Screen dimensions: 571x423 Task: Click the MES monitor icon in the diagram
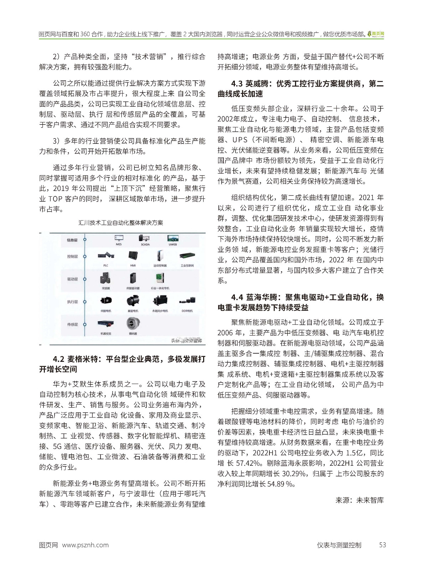coord(119,238)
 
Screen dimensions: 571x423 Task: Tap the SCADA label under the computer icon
coord(145,245)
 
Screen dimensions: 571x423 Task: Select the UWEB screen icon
coord(172,238)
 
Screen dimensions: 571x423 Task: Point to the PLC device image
coord(106,256)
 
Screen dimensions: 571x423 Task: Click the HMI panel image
coord(133,256)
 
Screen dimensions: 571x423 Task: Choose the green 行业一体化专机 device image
coord(160,278)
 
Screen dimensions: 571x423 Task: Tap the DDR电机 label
coord(187,311)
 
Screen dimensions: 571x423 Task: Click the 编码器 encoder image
coord(133,323)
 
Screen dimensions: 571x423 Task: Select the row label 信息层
coord(72,240)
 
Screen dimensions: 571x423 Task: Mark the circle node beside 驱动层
coord(85,279)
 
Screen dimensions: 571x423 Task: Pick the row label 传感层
coord(72,324)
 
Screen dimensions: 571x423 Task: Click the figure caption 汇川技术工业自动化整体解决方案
coord(121,223)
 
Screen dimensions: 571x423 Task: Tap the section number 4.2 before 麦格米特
coord(58,359)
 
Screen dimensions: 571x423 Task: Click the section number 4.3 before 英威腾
coord(237,84)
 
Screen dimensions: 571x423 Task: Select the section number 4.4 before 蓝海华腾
coord(237,297)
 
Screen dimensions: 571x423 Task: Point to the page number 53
coord(382,545)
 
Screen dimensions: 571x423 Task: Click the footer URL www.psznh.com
coord(85,545)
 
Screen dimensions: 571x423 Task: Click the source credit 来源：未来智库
coord(359,500)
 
